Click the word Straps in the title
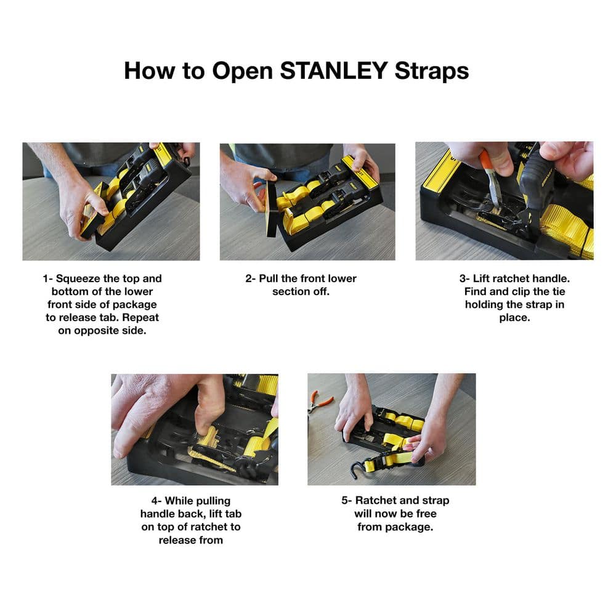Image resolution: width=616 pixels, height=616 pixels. (429, 71)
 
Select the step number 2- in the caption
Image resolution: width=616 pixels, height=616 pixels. (251, 278)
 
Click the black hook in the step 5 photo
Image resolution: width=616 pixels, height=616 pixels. (354, 470)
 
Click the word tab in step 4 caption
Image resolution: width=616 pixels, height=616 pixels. (240, 514)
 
